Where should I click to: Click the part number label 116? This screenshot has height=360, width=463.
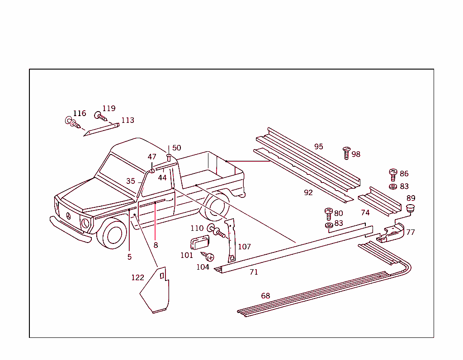[x=79, y=113]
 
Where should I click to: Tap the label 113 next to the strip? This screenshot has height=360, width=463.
[x=128, y=120]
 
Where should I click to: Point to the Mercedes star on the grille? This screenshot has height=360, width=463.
[x=68, y=216]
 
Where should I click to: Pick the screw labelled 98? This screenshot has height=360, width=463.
[x=347, y=153]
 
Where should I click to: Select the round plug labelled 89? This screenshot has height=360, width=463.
[x=411, y=208]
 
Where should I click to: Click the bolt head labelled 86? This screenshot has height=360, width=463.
[x=393, y=173]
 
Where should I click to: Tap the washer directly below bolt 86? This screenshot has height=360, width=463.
[x=393, y=186]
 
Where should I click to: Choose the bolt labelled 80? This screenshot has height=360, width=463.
[x=329, y=213]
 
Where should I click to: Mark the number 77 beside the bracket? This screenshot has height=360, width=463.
[x=411, y=232]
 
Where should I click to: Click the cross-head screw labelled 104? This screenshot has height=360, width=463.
[x=210, y=257]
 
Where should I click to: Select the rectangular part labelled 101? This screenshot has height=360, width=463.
[x=198, y=243]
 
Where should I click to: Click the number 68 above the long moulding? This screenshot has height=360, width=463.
[x=265, y=296]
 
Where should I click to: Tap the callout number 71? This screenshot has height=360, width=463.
[x=254, y=272]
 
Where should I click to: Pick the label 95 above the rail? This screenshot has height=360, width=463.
[x=319, y=146]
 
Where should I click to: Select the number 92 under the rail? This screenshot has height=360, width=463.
[x=308, y=192]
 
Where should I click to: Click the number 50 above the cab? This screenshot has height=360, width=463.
[x=176, y=148]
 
